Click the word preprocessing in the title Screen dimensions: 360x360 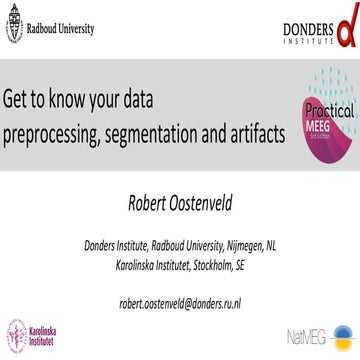coord(57,132)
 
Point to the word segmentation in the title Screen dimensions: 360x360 coord(168,132)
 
